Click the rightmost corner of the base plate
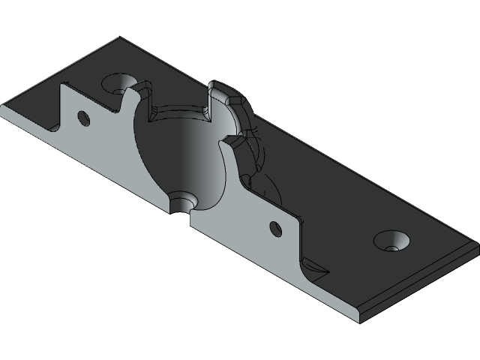[x=478, y=244]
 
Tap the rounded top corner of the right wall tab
[x=296, y=211]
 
